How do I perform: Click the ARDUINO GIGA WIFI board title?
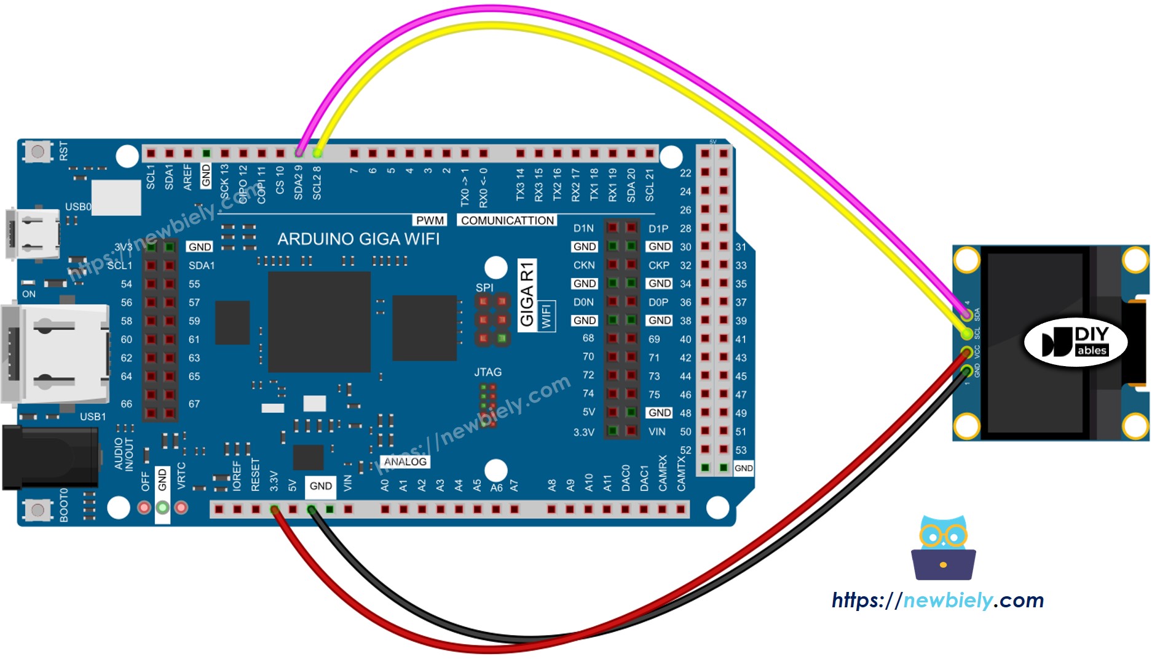(x=358, y=239)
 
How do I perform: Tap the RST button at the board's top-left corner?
(x=37, y=151)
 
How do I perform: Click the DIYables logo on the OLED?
(x=1075, y=343)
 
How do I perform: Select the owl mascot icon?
(x=943, y=548)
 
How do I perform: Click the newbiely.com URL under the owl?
(x=937, y=600)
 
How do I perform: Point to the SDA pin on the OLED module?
(x=967, y=314)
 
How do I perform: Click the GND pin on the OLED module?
(x=967, y=370)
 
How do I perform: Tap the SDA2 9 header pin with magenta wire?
(x=299, y=153)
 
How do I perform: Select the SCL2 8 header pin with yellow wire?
(x=317, y=153)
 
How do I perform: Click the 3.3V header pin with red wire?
(x=275, y=509)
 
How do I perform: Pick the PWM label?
(x=430, y=220)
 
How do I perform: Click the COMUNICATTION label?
(x=507, y=220)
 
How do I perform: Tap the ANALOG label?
(x=405, y=461)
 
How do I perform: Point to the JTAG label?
(x=487, y=372)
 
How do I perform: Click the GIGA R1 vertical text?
(x=527, y=294)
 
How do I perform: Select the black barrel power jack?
(x=49, y=457)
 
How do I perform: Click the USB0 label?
(x=78, y=207)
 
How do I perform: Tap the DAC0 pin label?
(x=626, y=478)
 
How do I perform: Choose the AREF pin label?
(x=187, y=177)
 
